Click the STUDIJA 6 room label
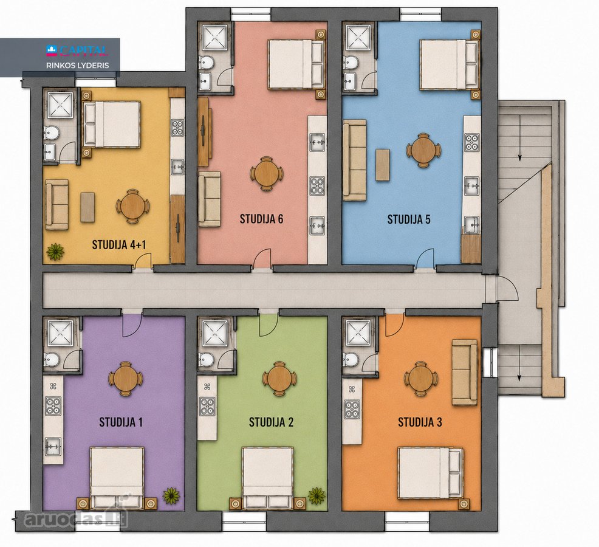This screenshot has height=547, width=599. (x=261, y=219)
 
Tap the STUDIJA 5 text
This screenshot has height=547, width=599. (x=409, y=219)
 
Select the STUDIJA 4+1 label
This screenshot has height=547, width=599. (x=119, y=245)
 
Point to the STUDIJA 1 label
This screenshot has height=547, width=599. (x=121, y=422)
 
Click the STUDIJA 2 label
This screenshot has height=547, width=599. (x=271, y=422)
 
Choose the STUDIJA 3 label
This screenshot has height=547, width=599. (x=420, y=422)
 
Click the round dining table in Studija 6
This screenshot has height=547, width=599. (x=267, y=174)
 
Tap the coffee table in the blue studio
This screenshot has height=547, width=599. (x=382, y=165)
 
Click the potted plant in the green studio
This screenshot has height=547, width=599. (x=317, y=495)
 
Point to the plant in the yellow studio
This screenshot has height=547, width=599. (x=55, y=252)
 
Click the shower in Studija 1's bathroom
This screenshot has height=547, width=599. (x=60, y=332)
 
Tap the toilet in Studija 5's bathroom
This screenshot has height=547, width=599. (x=351, y=63)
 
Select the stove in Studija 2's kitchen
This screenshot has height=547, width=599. (x=207, y=407)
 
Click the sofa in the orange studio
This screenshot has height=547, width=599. (x=465, y=372)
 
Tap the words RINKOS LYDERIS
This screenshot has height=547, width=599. (x=78, y=66)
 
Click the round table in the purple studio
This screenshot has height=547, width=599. (x=126, y=379)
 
